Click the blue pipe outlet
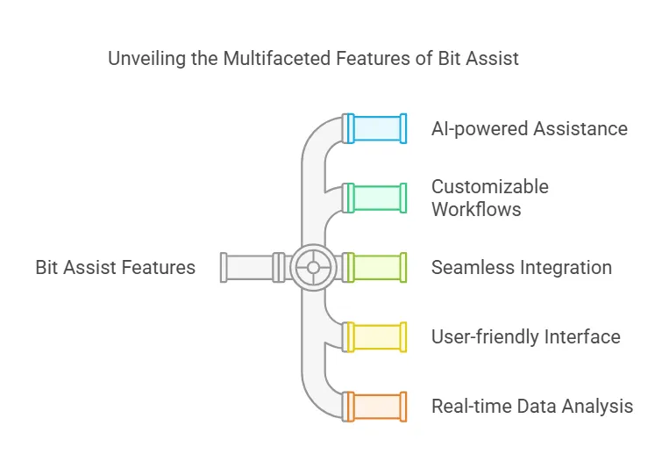click(377, 128)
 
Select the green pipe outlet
click(377, 198)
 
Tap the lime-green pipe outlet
click(377, 267)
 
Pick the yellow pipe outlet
click(377, 337)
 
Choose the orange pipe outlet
click(377, 406)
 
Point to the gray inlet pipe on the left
click(250, 267)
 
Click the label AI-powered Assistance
click(529, 129)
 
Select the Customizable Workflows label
click(489, 198)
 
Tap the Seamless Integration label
click(521, 267)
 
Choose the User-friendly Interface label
click(525, 336)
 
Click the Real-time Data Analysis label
click(531, 406)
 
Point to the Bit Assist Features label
click(115, 267)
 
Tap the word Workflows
click(476, 209)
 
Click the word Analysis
click(601, 406)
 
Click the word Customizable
click(489, 186)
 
